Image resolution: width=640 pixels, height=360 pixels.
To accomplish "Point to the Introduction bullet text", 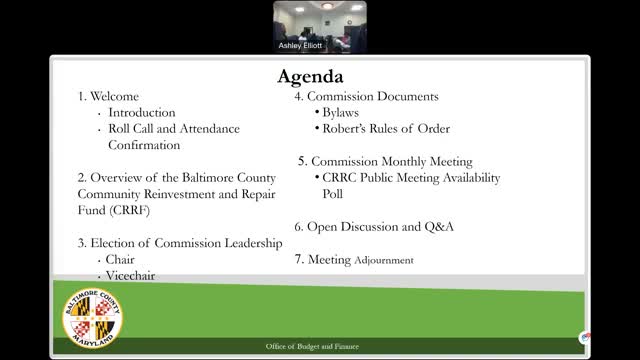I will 142,113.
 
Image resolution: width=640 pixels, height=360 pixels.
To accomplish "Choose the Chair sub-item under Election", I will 120,259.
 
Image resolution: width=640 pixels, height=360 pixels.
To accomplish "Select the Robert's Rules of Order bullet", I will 385,129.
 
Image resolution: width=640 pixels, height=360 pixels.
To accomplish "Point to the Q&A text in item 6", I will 438,227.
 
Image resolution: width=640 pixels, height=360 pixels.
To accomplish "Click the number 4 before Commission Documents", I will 298,97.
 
